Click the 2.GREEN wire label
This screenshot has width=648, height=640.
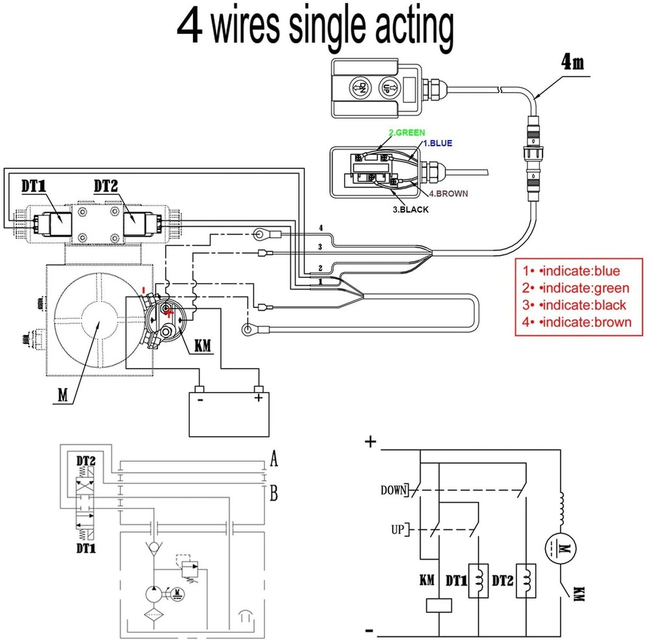pos(406,133)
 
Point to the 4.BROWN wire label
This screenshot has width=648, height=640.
pos(448,193)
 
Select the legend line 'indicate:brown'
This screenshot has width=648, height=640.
pos(577,322)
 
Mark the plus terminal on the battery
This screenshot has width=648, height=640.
pos(259,397)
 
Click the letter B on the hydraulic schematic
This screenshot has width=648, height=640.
pos(274,495)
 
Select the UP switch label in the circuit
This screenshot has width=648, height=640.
pos(397,530)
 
